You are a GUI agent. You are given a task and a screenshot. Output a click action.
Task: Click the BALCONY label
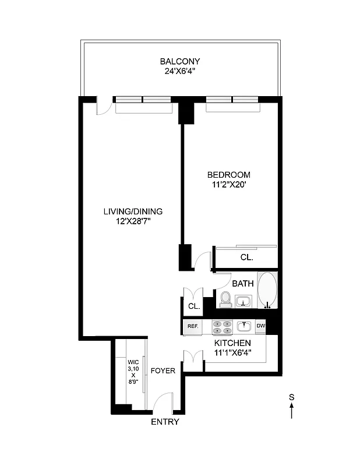(x=180, y=61)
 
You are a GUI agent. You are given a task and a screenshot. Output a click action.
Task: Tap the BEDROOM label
(x=229, y=175)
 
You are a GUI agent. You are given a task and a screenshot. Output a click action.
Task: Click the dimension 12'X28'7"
(x=133, y=221)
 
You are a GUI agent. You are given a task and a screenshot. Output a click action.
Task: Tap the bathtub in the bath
(x=267, y=290)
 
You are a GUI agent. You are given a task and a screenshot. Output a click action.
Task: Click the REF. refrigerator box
(x=192, y=327)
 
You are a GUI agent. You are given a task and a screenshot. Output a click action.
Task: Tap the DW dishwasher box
(x=260, y=326)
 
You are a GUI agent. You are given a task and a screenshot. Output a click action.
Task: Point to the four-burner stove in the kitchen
(x=221, y=327)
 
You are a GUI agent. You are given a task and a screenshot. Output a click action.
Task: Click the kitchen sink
(x=243, y=326)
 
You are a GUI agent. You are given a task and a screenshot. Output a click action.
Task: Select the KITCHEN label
(x=232, y=344)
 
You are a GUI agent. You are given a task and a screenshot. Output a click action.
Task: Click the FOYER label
(x=163, y=370)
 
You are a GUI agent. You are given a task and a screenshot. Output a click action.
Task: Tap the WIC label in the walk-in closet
(x=134, y=361)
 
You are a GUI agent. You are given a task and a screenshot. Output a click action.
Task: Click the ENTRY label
(x=165, y=422)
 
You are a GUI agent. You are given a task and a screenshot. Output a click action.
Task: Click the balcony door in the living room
(x=103, y=105)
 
